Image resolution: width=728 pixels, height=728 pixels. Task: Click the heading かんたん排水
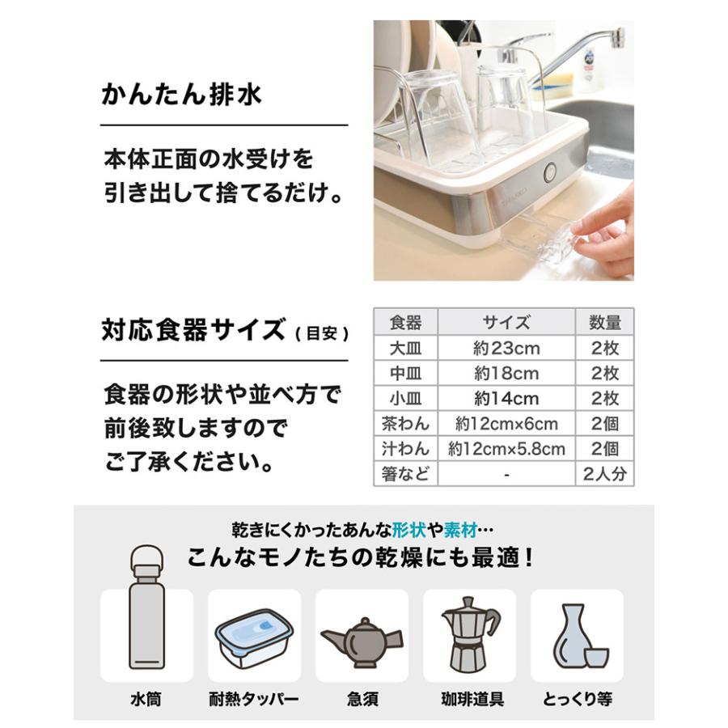click(181, 95)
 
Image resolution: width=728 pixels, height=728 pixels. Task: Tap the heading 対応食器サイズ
click(193, 330)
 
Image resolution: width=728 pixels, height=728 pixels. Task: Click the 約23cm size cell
click(506, 349)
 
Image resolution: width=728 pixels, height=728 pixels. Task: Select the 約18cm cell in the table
click(506, 374)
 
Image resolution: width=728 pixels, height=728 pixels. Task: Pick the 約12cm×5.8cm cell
click(506, 449)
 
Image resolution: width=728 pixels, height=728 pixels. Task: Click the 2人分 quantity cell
click(604, 474)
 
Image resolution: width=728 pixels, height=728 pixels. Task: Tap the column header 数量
click(604, 323)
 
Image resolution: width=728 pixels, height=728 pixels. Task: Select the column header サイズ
click(506, 323)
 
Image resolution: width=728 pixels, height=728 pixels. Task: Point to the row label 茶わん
click(405, 424)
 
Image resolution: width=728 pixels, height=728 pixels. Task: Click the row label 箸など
click(405, 474)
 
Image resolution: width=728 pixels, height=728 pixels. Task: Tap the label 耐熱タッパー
click(254, 698)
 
